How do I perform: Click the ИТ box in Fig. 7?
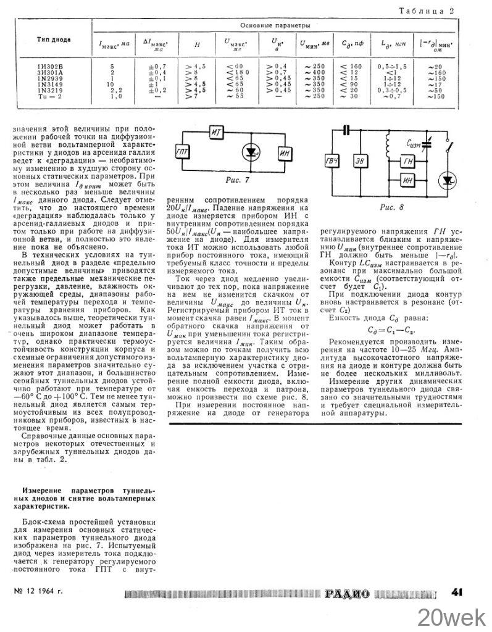215,132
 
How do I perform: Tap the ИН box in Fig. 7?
285,153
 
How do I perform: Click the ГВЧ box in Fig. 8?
332,161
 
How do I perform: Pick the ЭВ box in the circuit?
359,161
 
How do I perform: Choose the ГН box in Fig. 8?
408,162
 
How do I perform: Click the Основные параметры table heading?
275,25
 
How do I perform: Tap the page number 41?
457,593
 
